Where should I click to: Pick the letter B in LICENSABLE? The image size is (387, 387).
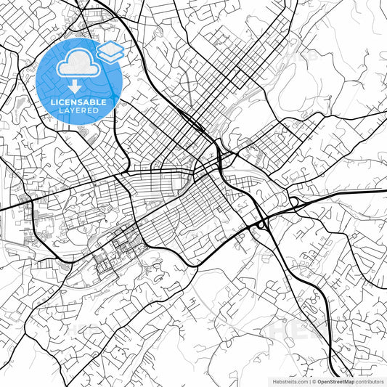[94, 102]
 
